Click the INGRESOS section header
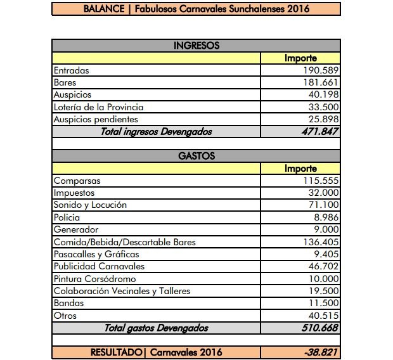click(x=196, y=46)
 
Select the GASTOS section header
click(x=196, y=156)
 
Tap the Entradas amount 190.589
click(x=321, y=70)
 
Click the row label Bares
click(x=65, y=82)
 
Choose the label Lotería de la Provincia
click(x=98, y=107)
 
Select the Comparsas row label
click(x=77, y=181)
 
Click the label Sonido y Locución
click(x=90, y=205)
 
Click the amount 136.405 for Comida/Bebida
click(x=321, y=242)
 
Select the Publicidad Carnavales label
click(x=99, y=266)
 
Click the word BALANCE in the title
click(x=103, y=10)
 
